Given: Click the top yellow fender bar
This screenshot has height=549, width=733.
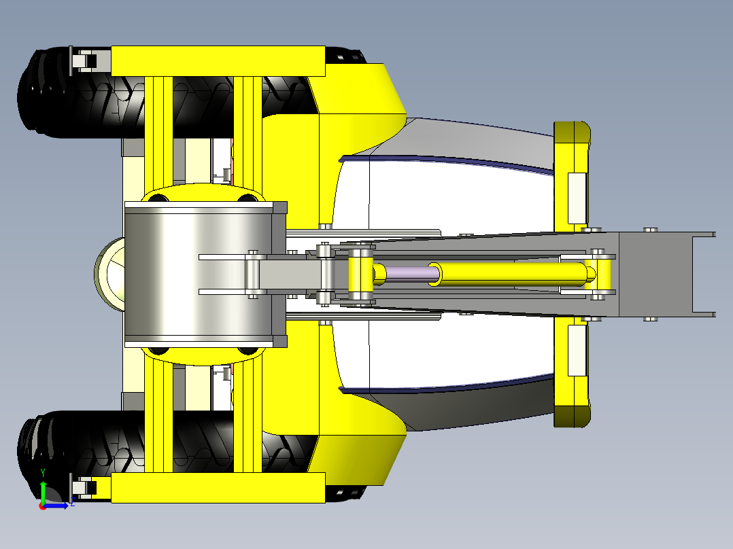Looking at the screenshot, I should pyautogui.click(x=218, y=60).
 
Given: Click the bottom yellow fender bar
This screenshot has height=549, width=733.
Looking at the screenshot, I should pyautogui.click(x=218, y=488).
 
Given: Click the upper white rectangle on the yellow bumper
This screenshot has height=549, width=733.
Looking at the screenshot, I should pyautogui.click(x=576, y=198).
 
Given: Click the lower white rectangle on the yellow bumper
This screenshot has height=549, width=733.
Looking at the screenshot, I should pyautogui.click(x=576, y=349).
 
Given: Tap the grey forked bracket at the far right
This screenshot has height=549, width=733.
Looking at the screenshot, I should pyautogui.click(x=704, y=274).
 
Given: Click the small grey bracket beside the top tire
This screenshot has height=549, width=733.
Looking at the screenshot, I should pyautogui.click(x=83, y=61).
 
